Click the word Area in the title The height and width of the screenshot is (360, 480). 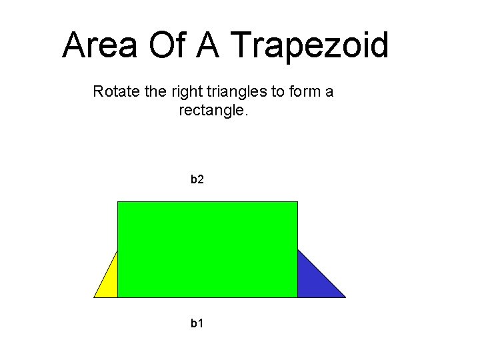[100, 45]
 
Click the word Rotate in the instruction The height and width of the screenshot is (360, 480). [115, 91]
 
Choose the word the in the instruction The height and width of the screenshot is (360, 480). [152, 91]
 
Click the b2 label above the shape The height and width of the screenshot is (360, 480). [197, 179]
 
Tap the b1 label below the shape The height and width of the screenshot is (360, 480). [197, 323]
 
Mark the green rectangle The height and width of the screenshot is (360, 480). [207, 249]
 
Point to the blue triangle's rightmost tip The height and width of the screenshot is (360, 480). [345, 297]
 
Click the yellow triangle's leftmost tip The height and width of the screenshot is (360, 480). [95, 297]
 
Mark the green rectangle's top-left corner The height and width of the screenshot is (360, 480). [118, 202]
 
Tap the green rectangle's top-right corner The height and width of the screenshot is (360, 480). [297, 202]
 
